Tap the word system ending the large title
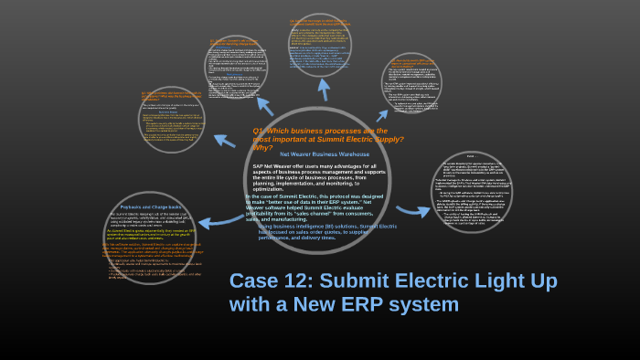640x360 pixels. tap(428, 304)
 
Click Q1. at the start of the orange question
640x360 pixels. tap(259, 131)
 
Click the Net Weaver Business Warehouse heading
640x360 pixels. tap(325, 155)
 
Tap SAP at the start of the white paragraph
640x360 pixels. tap(259, 166)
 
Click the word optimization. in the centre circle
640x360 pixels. tap(275, 187)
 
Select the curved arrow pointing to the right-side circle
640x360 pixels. tap(411, 211)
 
